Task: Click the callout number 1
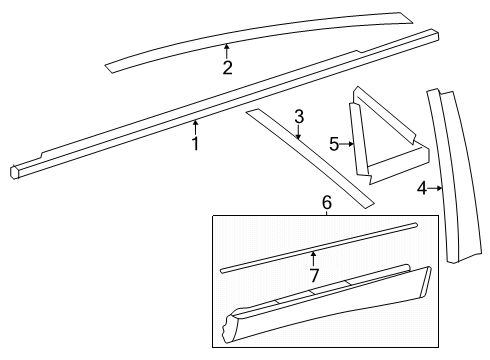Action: pyautogui.click(x=195, y=144)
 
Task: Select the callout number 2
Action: pyautogui.click(x=227, y=68)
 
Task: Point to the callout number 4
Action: pyautogui.click(x=422, y=187)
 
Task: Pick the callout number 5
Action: pyautogui.click(x=334, y=144)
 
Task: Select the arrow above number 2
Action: pyautogui.click(x=227, y=49)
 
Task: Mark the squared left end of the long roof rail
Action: pyautogui.click(x=15, y=171)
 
